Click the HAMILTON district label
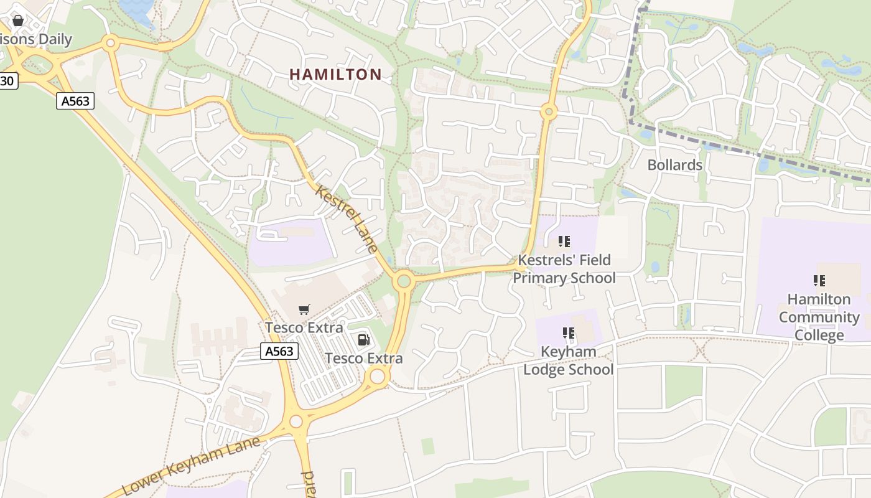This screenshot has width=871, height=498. (335, 75)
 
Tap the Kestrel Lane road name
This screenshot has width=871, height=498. (347, 218)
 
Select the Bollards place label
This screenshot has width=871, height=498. (674, 165)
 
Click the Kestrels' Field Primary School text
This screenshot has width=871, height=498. (564, 269)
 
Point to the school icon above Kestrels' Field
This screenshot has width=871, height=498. (564, 242)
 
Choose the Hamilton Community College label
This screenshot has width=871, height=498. (819, 317)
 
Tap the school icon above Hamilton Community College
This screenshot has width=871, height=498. (819, 281)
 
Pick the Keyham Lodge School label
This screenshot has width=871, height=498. (568, 360)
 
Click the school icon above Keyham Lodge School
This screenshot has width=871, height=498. (569, 333)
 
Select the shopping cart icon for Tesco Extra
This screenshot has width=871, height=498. (304, 309)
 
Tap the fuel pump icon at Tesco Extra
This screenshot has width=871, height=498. (363, 339)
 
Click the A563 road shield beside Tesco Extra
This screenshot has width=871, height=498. (279, 351)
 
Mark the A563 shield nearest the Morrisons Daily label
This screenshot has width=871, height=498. (75, 100)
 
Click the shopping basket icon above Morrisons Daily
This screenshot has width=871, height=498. (17, 21)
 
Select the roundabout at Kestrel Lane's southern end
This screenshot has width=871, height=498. (404, 281)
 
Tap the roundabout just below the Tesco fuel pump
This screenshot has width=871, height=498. (378, 376)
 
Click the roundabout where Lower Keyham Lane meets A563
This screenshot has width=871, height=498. (296, 421)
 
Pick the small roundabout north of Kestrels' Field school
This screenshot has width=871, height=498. (549, 112)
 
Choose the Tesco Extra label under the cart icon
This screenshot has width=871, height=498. (304, 327)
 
